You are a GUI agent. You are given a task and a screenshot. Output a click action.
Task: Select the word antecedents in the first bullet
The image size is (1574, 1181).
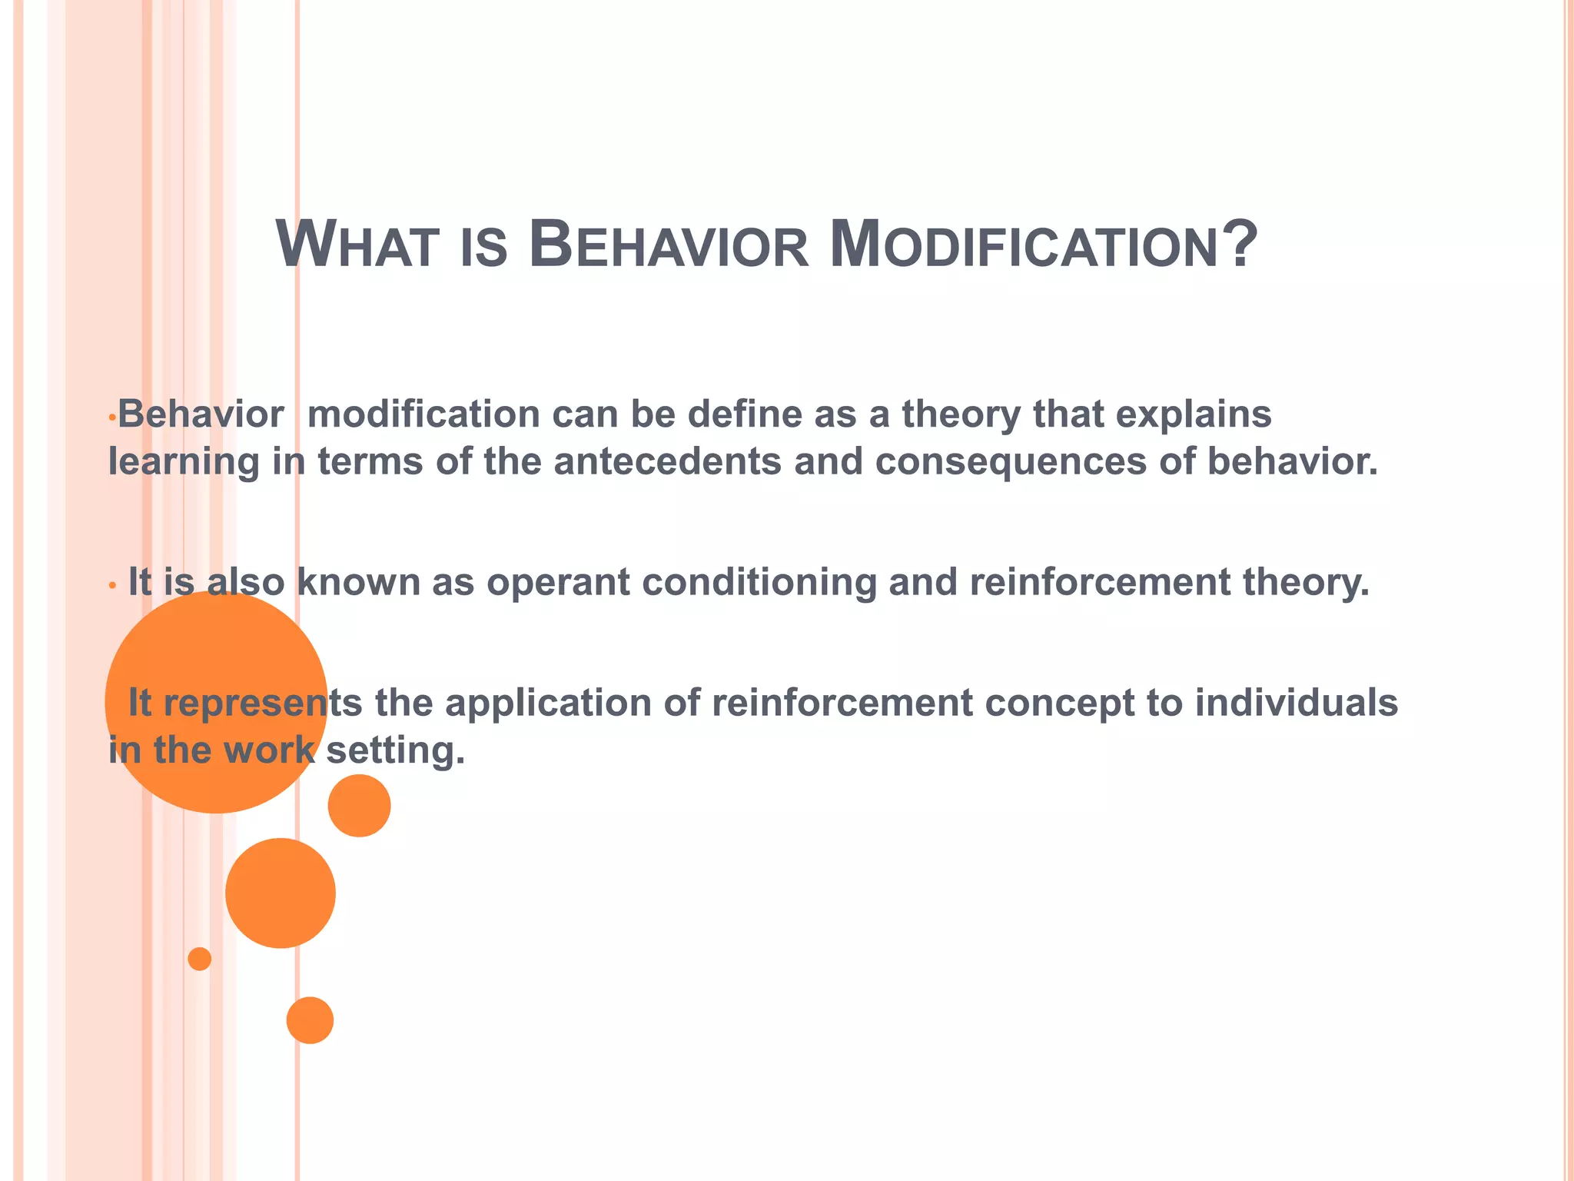coord(667,461)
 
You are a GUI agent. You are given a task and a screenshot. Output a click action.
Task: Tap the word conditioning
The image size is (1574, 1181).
coord(759,582)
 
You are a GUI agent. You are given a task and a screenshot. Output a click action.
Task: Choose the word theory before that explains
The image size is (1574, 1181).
coord(961,415)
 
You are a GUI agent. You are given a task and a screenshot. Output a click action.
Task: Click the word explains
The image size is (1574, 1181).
coord(1193,415)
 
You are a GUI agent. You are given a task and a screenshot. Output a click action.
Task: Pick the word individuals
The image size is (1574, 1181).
coord(1296,702)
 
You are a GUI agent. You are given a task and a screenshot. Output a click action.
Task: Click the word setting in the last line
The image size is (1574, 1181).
coord(396,750)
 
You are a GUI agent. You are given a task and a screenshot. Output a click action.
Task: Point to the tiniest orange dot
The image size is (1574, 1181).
coord(200,959)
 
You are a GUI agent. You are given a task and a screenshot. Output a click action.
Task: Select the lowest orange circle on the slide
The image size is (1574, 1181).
coord(310,1020)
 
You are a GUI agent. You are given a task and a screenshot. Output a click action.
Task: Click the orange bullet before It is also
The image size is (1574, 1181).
coord(112,586)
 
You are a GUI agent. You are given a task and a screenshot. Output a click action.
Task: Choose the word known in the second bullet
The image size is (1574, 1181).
coord(358,582)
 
